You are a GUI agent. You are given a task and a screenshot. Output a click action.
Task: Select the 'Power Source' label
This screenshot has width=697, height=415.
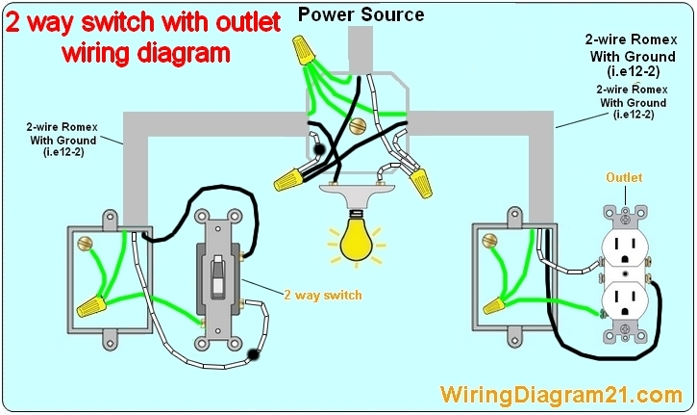point(361,13)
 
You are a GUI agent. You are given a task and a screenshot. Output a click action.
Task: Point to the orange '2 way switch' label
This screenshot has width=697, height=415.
point(323,295)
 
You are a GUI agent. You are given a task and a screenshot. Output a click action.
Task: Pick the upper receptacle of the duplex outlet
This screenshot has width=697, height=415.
point(628,248)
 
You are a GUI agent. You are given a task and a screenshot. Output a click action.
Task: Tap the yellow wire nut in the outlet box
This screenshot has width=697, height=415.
point(495,306)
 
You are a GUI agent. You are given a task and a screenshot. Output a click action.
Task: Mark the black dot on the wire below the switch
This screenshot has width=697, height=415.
point(253,355)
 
